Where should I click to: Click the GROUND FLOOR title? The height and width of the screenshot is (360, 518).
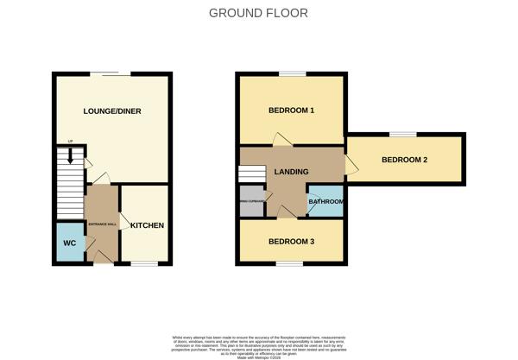pos(259,13)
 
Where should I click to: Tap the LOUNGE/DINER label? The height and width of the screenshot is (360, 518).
pos(112,111)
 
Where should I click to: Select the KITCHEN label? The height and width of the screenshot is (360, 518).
pos(147,225)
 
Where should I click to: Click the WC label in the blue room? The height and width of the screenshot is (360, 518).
pos(70,243)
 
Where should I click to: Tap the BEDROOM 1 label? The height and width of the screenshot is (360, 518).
pos(291,111)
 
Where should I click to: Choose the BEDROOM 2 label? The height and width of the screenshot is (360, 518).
pos(404,160)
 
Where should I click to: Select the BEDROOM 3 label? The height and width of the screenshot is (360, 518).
pos(291,241)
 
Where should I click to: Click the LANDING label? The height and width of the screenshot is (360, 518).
pos(291,172)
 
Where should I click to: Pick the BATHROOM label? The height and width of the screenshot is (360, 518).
pos(326,202)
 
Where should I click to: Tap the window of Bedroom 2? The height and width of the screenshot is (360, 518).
pos(402,134)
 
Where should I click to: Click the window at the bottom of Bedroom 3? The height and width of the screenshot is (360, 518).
pos(291,265)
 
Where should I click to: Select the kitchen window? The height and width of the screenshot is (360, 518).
pos(144,265)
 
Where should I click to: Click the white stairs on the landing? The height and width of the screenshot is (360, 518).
pos(250,174)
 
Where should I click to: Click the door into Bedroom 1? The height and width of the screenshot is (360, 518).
pos(281,140)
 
